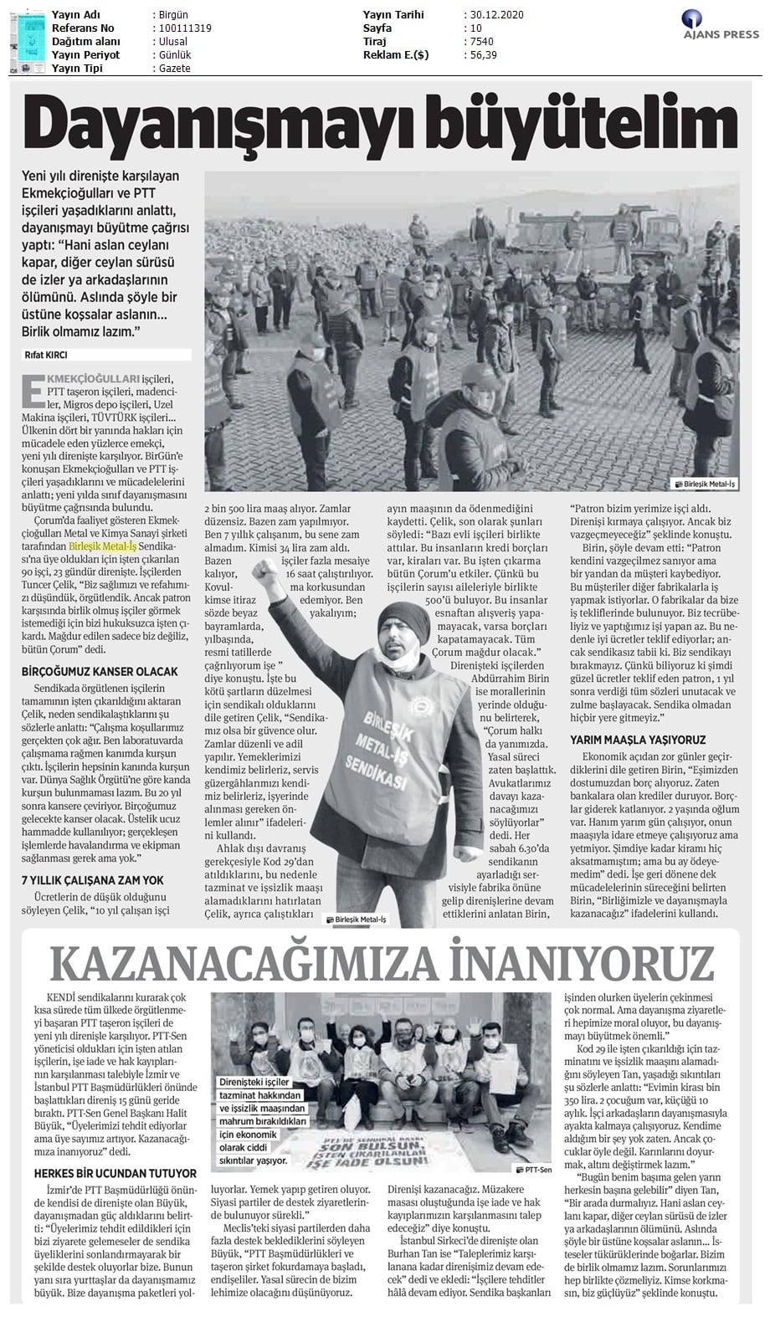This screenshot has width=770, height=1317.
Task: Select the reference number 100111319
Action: click(x=183, y=28)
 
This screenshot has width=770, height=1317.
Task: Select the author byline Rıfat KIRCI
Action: click(x=46, y=356)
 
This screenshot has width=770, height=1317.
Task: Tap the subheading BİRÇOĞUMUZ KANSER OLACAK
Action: click(x=100, y=671)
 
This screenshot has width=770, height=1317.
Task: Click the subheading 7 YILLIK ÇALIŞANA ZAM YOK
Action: click(x=92, y=880)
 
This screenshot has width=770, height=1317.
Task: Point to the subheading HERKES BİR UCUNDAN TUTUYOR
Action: click(x=115, y=1173)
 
